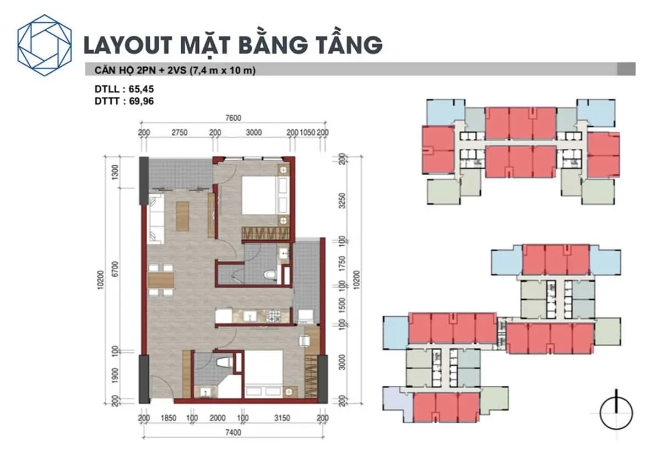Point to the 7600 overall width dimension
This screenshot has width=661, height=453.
(233, 117)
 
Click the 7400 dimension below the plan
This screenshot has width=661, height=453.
(233, 433)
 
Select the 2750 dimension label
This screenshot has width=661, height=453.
(180, 133)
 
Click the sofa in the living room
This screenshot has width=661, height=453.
(155, 219)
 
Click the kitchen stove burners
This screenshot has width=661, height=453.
(274, 316)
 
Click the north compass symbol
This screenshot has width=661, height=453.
(616, 413)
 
